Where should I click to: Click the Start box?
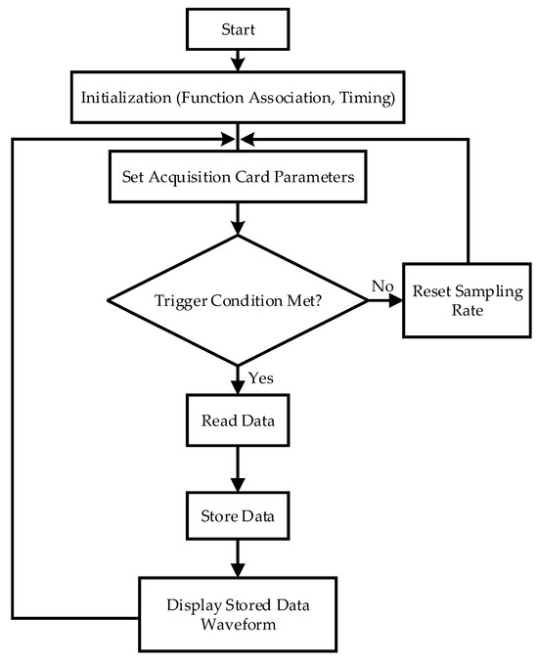(x=238, y=29)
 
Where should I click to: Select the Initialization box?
(x=238, y=98)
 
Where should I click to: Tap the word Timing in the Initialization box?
(x=367, y=98)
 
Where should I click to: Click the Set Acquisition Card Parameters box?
(x=238, y=177)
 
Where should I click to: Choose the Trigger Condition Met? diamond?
(x=238, y=300)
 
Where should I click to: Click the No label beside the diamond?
(x=382, y=286)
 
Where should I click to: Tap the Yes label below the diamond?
(x=260, y=378)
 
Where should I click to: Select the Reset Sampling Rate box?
(x=467, y=300)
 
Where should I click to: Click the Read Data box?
(x=238, y=420)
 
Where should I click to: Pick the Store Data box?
(x=238, y=516)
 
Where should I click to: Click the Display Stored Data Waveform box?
(x=238, y=614)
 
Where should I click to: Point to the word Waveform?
(x=239, y=624)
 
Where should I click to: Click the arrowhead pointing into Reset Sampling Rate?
(x=396, y=300)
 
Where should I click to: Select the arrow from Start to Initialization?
(x=238, y=61)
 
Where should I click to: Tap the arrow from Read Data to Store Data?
(x=238, y=469)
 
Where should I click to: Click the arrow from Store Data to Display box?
(x=238, y=558)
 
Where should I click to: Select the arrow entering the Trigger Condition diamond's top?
(x=238, y=219)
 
